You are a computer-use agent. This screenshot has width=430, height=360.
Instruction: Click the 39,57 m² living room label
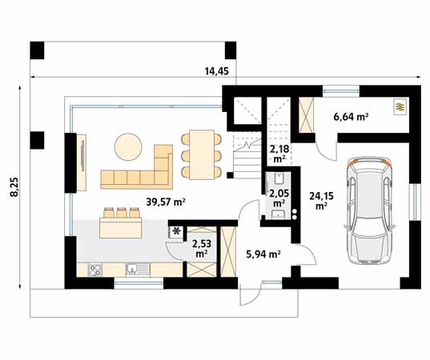coord(166,202)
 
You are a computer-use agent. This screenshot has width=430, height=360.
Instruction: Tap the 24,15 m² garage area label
coord(321,201)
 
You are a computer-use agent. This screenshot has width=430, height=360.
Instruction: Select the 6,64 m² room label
coord(351,117)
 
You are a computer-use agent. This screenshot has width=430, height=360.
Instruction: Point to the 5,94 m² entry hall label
coord(263,254)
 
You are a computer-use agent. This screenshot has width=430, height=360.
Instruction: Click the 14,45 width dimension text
coord(217,71)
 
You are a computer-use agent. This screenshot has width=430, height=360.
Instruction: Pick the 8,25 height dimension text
coord(14,187)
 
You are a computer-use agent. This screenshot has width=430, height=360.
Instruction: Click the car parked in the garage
coord(370,210)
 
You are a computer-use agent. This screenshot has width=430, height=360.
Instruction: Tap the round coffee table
coord(128,146)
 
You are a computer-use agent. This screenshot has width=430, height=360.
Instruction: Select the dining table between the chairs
coord(202,154)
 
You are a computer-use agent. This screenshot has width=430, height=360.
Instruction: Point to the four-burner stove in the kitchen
coord(94,270)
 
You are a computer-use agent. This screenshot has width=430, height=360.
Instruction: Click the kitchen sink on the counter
coord(138,270)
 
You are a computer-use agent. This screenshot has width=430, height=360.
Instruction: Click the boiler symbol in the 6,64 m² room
coord(400,106)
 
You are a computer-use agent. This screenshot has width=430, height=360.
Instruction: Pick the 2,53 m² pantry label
coord(202,248)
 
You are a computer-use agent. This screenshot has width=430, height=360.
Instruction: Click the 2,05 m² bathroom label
coord(279,198)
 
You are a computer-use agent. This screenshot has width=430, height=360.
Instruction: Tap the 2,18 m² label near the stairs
coord(279,154)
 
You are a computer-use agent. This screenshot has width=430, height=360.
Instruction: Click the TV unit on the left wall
coord(82,162)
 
